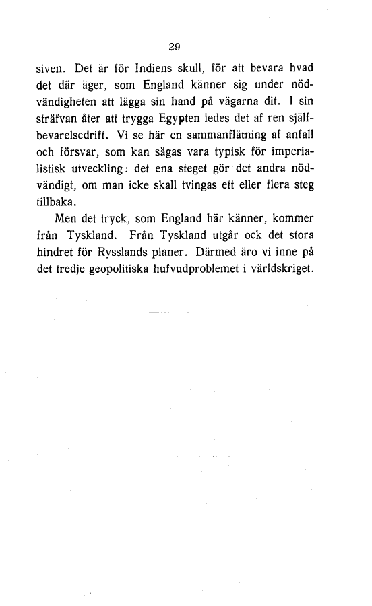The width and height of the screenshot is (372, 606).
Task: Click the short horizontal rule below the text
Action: point(176,312)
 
